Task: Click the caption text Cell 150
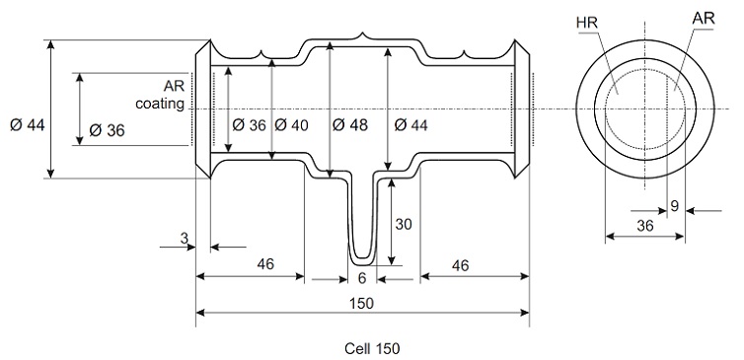372,348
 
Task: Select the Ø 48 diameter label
350,125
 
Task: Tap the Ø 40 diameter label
291,125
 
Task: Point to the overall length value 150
363,303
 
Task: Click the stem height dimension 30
404,224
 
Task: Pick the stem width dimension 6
362,278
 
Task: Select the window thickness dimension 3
185,238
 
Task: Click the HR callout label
587,23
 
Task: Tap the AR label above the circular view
704,19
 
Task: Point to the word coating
160,104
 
